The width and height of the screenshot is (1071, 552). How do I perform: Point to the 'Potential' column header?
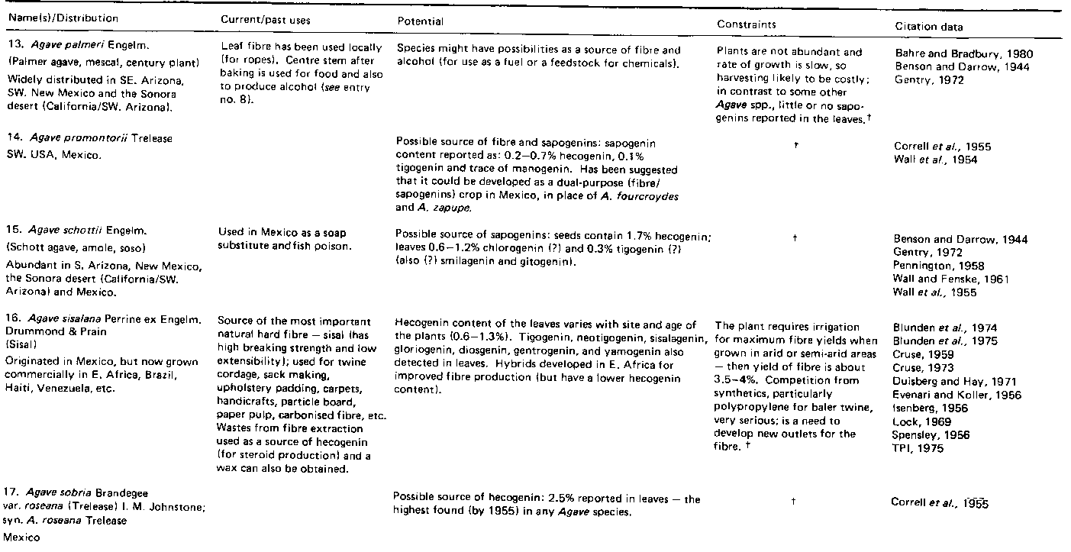click(x=421, y=22)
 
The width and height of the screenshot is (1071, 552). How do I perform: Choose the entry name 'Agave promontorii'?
click(x=73, y=138)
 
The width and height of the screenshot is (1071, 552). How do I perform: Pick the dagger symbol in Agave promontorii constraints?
click(x=795, y=144)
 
